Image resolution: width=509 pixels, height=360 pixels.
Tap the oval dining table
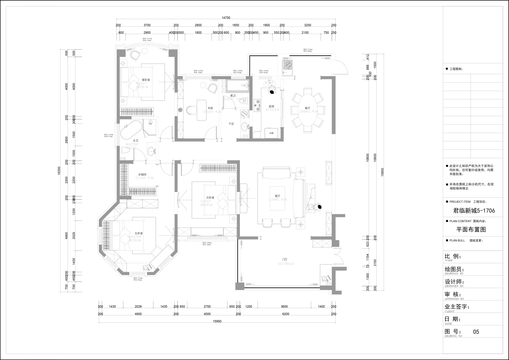[x=308, y=110]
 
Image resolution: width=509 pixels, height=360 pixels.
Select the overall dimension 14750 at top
[x=226, y=18]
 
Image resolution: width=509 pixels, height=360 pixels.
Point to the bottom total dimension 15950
[x=217, y=321]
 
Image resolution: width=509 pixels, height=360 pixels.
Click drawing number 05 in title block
[x=476, y=332]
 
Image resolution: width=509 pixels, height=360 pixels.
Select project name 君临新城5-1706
[x=473, y=210]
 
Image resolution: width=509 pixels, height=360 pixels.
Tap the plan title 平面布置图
[x=471, y=229]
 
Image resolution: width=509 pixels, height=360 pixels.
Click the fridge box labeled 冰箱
[x=271, y=133]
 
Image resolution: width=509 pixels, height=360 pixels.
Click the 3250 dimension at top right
[x=308, y=25]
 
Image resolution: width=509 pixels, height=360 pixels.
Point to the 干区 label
[x=231, y=124]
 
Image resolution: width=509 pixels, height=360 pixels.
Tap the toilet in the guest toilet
[x=244, y=101]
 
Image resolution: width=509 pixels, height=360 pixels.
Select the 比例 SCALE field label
[x=452, y=257]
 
